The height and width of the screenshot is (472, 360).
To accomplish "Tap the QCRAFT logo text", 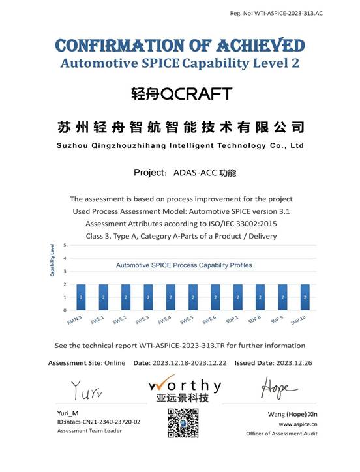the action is click(181, 94).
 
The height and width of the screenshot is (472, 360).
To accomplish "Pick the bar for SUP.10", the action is click(305, 297).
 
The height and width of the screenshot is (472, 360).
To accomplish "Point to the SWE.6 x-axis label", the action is click(209, 320).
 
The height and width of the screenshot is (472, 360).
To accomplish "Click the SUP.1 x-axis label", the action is click(232, 320).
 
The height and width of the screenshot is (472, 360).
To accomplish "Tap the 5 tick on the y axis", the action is click(65, 245).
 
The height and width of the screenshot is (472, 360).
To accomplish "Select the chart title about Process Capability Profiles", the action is click(184, 265).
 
